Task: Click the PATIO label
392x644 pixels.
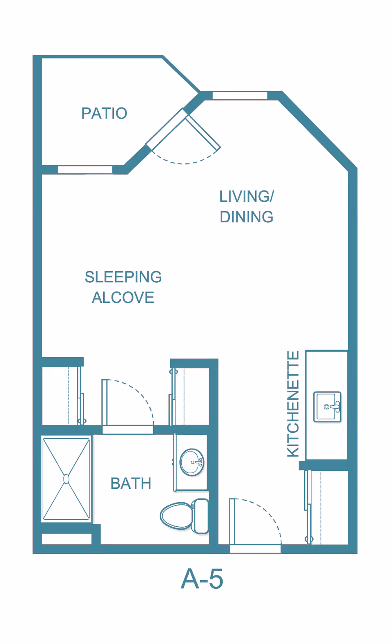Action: [104, 113]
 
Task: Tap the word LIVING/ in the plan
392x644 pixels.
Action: [246, 197]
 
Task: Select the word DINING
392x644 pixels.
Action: [246, 217]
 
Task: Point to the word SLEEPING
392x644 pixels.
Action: [123, 277]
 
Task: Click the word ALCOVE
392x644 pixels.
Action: [123, 297]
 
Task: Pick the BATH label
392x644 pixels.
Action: [131, 483]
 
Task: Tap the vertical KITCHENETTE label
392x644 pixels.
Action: [293, 404]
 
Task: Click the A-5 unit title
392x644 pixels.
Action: [202, 579]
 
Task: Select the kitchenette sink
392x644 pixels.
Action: [327, 407]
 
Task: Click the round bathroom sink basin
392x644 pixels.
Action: [192, 462]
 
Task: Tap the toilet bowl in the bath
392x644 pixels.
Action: [176, 516]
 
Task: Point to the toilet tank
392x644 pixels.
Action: [200, 516]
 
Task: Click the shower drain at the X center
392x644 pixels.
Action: [66, 479]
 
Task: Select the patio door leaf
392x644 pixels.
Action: [203, 132]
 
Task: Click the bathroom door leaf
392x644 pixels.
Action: [105, 402]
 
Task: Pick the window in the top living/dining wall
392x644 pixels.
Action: [240, 96]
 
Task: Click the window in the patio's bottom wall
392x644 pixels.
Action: [85, 170]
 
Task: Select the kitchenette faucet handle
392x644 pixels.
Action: [335, 407]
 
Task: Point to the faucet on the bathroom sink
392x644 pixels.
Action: [198, 462]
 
